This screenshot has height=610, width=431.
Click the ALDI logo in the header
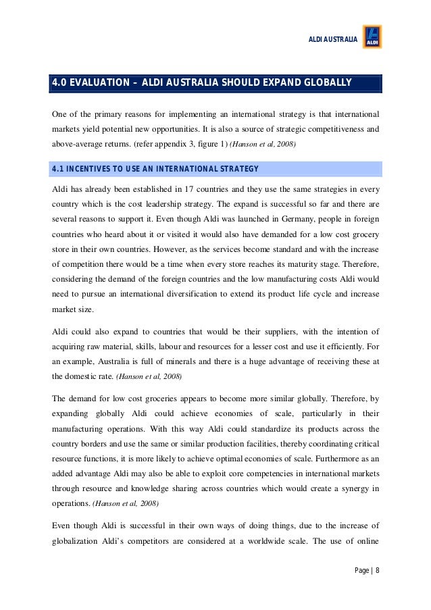coord(372,37)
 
